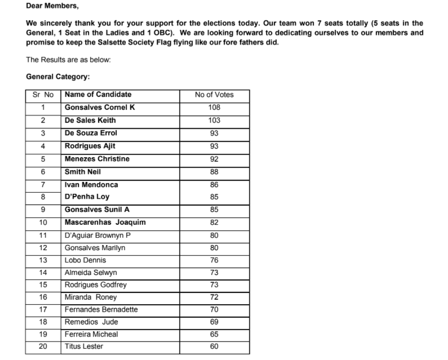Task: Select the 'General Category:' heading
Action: tap(58, 77)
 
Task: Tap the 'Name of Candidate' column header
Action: tap(98, 95)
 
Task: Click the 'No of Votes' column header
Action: tap(214, 95)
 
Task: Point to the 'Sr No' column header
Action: tap(43, 95)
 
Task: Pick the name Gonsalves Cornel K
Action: tap(100, 108)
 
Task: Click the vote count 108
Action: tap(214, 108)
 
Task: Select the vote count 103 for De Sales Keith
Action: tap(214, 120)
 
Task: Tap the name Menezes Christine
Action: tap(97, 159)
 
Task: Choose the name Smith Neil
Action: tap(83, 172)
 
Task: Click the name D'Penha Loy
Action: tap(87, 197)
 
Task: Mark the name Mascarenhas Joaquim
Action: tap(105, 223)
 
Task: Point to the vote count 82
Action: tap(214, 223)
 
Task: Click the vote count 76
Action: tap(214, 260)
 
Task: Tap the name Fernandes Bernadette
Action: tap(101, 310)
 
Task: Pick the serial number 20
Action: tap(43, 346)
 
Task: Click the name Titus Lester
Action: tap(84, 346)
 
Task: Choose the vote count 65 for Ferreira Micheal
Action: tap(214, 334)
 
